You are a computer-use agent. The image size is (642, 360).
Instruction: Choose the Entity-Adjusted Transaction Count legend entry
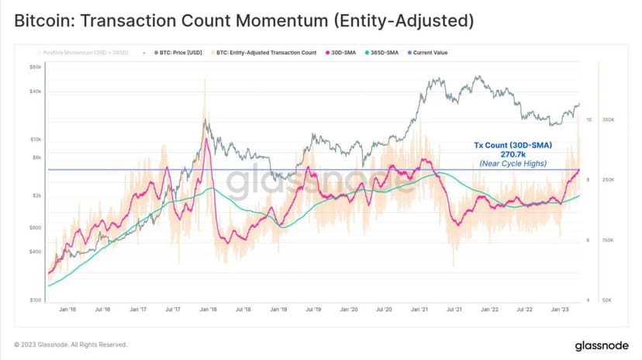(x=267, y=53)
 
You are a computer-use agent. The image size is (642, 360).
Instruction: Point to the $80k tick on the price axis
(x=34, y=67)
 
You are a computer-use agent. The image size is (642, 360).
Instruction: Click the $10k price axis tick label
(x=34, y=140)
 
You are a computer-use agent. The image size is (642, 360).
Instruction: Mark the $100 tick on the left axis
(x=35, y=300)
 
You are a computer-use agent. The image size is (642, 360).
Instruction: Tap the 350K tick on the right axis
(x=609, y=119)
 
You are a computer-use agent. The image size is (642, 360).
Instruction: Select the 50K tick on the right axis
(x=609, y=300)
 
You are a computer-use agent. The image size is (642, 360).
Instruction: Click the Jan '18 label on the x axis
(x=208, y=310)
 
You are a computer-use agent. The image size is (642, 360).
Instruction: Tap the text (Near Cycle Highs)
(x=513, y=163)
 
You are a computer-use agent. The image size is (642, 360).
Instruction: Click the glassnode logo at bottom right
(x=602, y=344)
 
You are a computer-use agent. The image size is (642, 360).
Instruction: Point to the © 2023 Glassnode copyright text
(x=70, y=344)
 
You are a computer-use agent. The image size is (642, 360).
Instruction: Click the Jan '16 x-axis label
(x=67, y=310)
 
